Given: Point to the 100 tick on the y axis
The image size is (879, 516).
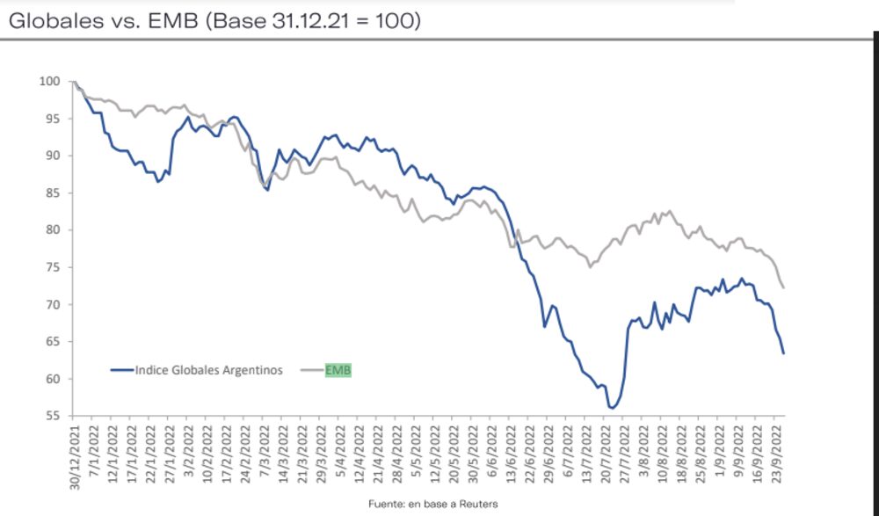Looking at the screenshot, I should pos(50,81).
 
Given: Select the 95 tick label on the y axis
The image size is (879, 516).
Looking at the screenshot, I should pos(53,119).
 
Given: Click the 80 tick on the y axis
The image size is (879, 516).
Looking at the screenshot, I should pos(53,230).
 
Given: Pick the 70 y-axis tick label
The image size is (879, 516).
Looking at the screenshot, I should pos(53,305).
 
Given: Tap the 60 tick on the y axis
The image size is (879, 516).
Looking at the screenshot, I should pos(53,379).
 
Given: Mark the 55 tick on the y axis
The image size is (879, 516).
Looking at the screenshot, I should pos(53,416).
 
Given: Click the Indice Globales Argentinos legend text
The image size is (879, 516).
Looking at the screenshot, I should pos(209,370).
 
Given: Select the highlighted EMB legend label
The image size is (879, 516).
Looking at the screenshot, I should pos(338,370).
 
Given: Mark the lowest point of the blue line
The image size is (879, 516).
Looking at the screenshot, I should pos(611,408).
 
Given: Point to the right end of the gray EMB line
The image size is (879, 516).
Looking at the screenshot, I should pos(783,287).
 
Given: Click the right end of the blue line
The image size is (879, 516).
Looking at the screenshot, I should pos(783,353).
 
